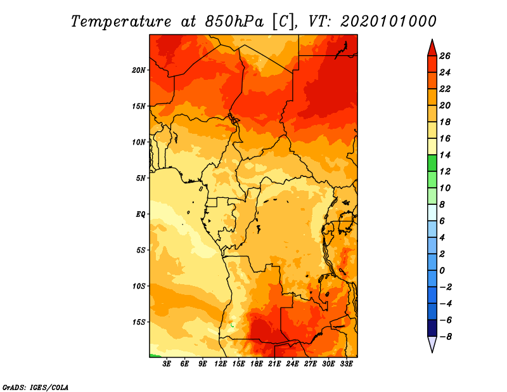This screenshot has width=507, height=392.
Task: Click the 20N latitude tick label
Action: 139,70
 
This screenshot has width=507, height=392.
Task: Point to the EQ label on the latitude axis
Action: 141,214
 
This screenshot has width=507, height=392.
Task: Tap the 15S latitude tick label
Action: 139,322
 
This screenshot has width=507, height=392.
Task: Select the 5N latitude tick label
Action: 141,178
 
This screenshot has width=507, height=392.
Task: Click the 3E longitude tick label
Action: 167,364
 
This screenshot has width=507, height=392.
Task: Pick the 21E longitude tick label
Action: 274,364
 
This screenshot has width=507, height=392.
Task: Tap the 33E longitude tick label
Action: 346,364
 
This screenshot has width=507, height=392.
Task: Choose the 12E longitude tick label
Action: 221,364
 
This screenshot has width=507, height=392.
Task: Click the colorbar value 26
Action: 445,56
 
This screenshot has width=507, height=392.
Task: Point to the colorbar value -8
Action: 446,337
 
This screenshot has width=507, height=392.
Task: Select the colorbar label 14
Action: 445,155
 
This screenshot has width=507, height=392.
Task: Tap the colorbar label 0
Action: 442,271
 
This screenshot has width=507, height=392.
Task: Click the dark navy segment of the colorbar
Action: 432,328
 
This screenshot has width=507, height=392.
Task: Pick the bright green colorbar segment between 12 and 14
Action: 432,163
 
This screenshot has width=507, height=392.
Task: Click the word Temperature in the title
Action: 121,22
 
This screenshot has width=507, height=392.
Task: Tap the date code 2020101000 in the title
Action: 388,22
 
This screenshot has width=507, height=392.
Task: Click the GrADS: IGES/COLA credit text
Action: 35,388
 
